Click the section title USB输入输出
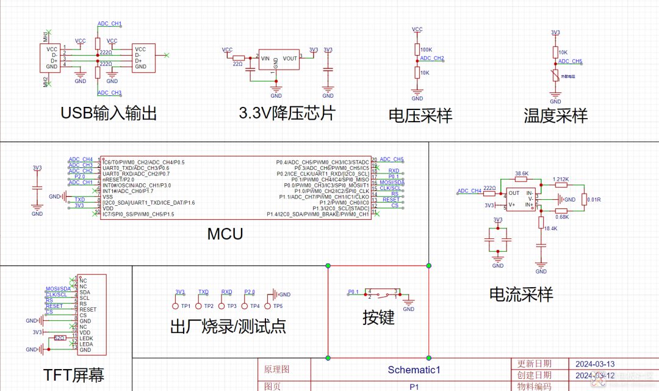click(109, 114)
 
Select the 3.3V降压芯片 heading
click(287, 114)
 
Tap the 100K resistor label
click(427, 49)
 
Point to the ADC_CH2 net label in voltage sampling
click(432, 59)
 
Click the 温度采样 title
click(555, 115)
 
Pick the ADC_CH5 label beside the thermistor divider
click(571, 62)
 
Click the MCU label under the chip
click(225, 233)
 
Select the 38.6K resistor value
click(522, 174)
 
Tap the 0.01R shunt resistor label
click(592, 199)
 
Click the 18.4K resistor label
click(551, 228)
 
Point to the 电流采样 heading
click(521, 294)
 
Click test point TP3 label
click(232, 306)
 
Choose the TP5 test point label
click(278, 306)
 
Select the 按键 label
click(378, 317)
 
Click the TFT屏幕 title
click(78, 374)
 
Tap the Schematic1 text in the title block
click(414, 370)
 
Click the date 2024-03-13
click(595, 364)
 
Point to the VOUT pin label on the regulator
click(290, 58)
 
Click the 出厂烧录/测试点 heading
click(228, 326)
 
